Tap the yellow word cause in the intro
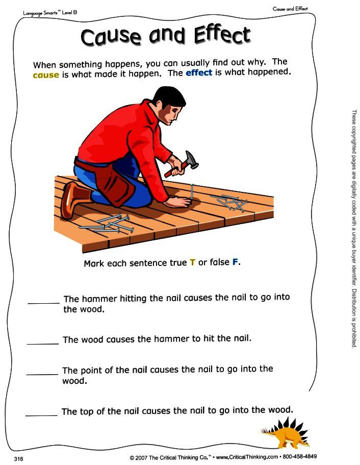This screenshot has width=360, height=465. coord(46,75)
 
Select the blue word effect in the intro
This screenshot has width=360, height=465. coord(199,72)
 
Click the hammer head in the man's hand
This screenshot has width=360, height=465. coord(192,160)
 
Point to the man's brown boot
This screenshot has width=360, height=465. coord(74,199)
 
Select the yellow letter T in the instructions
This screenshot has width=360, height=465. coord(193,262)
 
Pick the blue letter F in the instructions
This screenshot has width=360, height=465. coord(235,262)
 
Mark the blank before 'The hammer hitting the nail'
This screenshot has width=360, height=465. coord(43,303)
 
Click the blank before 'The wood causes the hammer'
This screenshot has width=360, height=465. coord(43,344)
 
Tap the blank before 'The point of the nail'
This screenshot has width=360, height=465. coord(42,375)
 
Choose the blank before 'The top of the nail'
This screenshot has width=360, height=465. coord(41,415)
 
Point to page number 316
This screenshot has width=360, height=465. coord(18,459)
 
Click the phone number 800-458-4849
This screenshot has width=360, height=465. coord(299,456)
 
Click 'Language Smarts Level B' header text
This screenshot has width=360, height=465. coord(50,13)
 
